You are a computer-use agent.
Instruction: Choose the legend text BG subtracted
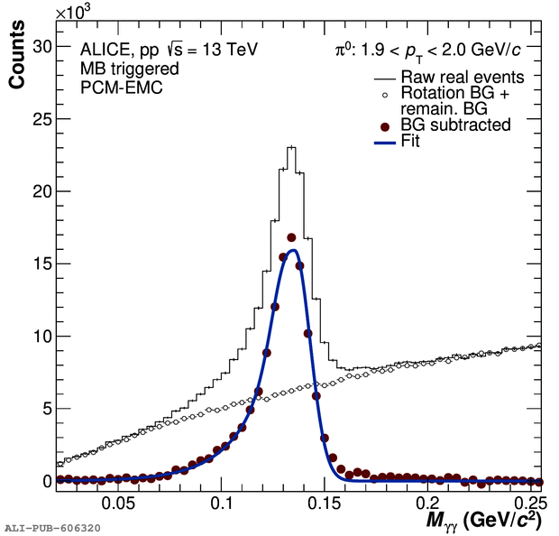pos(456,125)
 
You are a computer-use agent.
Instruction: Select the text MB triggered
pos(130,69)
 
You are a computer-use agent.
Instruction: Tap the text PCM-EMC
pos(121,88)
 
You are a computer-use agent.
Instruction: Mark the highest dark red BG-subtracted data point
pos(291,237)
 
